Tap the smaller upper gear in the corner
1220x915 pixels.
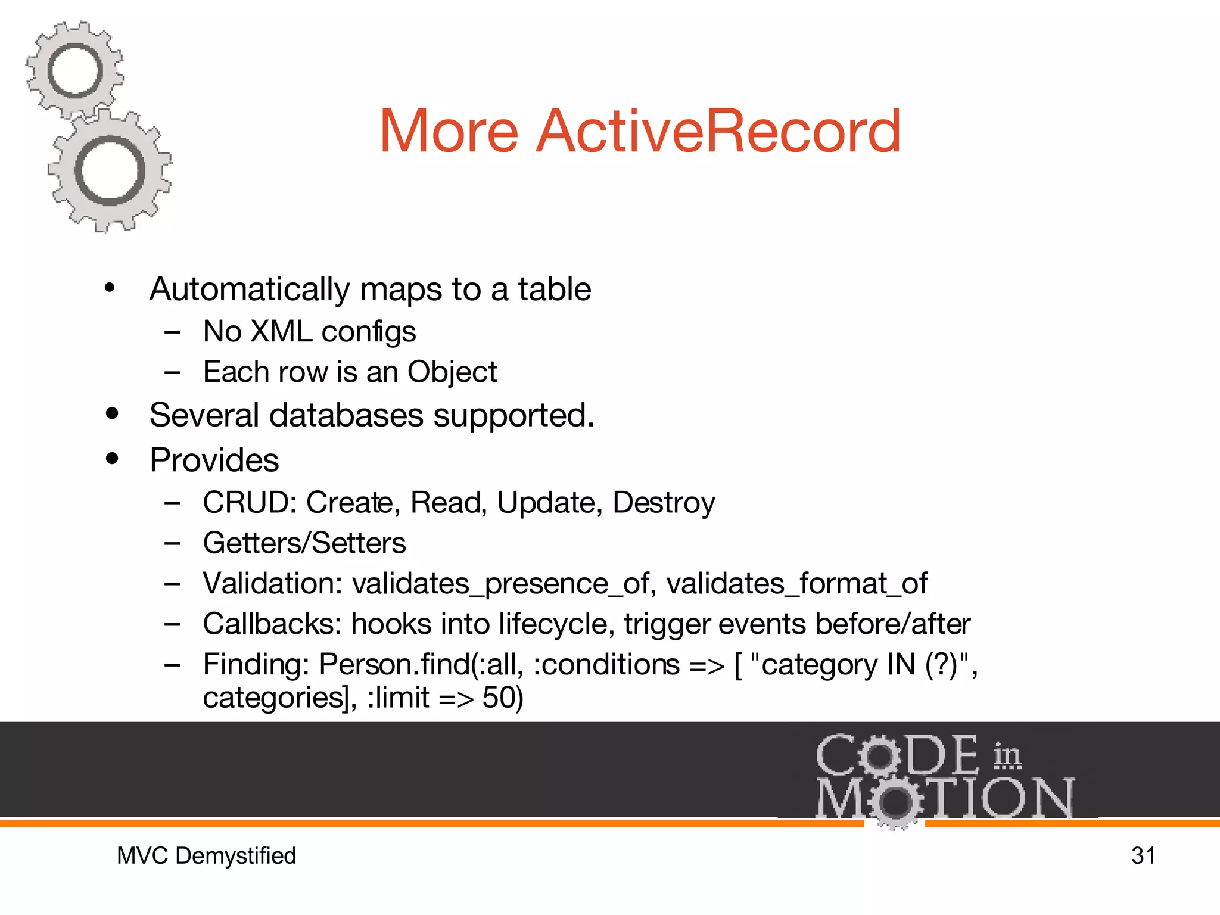[x=75, y=71]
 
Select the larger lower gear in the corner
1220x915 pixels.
[x=110, y=170]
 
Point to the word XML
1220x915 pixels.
[x=281, y=331]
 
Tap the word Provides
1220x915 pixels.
[x=214, y=460]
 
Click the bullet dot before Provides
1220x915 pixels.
[x=112, y=459]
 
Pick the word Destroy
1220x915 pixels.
[x=663, y=503]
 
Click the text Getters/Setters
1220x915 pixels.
[x=304, y=543]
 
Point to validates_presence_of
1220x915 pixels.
[x=500, y=583]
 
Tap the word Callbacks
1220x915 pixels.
[x=272, y=624]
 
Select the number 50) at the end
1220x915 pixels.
[x=502, y=698]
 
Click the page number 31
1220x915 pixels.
[x=1143, y=855]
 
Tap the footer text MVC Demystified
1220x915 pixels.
[x=206, y=855]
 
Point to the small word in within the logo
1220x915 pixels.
[x=1007, y=755]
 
